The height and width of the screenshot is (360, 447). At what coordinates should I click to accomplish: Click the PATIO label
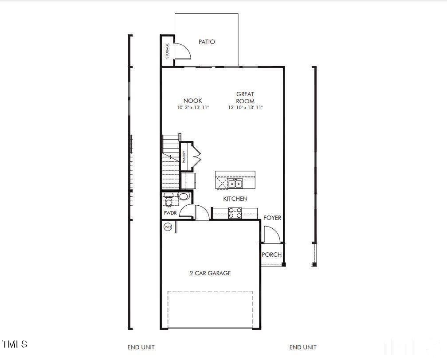click(x=207, y=42)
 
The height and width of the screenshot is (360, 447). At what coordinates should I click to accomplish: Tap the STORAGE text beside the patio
click(x=167, y=51)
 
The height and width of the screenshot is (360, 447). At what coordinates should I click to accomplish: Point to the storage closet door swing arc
click(x=184, y=51)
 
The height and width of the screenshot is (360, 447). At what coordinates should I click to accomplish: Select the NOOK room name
click(x=192, y=101)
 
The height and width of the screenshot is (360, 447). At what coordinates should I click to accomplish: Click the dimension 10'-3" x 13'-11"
click(x=192, y=108)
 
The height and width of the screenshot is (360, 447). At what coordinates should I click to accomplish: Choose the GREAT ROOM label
click(x=245, y=98)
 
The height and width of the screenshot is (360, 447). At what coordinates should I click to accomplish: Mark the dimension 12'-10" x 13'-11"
click(x=245, y=108)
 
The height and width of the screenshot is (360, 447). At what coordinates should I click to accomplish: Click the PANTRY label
click(x=184, y=157)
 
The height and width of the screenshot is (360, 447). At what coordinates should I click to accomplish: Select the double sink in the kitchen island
click(x=235, y=184)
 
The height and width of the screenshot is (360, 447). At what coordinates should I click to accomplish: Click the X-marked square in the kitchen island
click(x=222, y=184)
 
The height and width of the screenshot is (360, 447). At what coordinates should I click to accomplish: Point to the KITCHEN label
click(x=235, y=199)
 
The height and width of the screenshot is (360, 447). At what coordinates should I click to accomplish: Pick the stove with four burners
click(x=235, y=214)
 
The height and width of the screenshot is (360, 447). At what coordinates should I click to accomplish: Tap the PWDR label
click(x=171, y=213)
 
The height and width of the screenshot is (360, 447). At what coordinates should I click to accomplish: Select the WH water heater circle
click(x=168, y=227)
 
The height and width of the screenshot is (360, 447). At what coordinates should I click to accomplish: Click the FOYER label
click(x=272, y=218)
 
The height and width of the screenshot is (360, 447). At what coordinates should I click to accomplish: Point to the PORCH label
click(x=271, y=254)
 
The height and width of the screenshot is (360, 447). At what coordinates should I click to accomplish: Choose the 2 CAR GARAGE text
click(x=210, y=274)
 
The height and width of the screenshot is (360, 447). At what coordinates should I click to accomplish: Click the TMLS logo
click(x=15, y=344)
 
